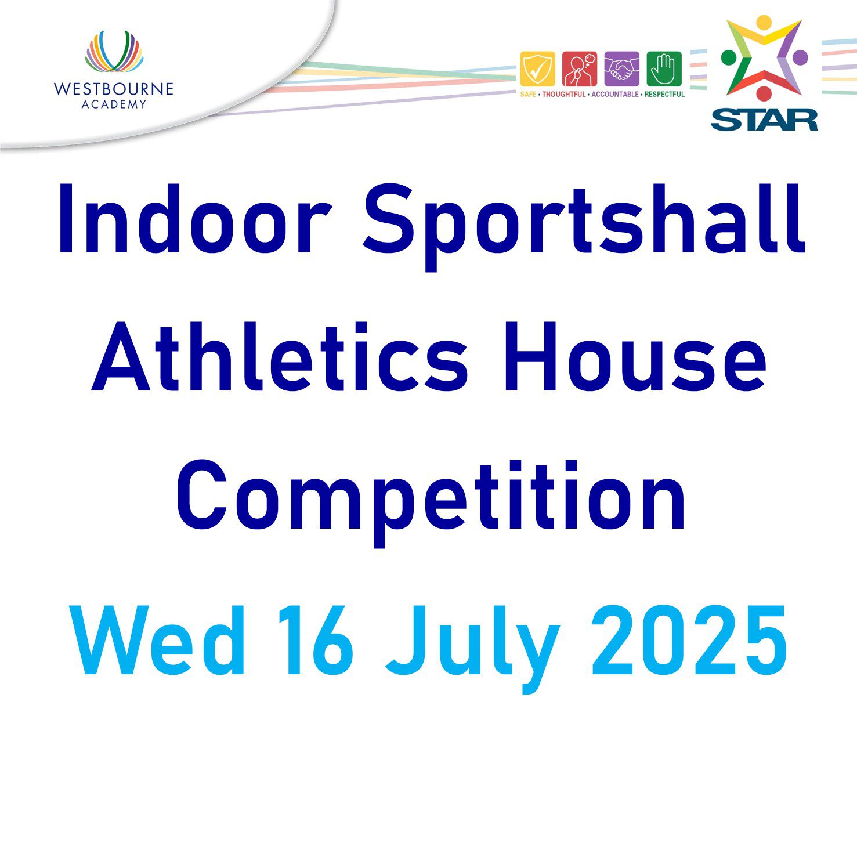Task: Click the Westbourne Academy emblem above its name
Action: point(114,52)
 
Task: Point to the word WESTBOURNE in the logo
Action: point(114,89)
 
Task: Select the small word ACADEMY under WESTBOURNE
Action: point(114,104)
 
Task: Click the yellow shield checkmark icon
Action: point(537,69)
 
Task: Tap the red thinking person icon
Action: point(580,69)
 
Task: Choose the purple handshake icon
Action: point(621,69)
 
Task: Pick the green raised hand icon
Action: point(664,69)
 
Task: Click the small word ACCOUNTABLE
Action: point(615,94)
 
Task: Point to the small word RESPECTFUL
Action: point(665,94)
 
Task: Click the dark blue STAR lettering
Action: point(764,120)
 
